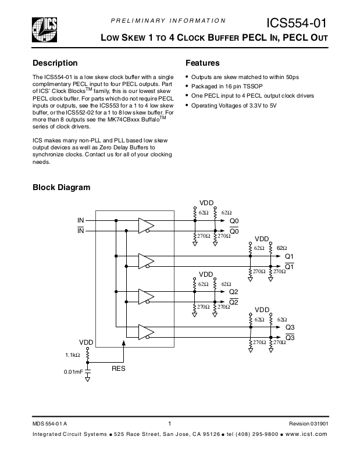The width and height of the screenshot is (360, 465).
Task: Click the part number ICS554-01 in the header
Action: point(296,23)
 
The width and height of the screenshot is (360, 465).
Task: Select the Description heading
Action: point(55,63)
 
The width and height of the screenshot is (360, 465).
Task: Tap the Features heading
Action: point(202,63)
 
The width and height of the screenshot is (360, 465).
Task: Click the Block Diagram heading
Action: point(61,187)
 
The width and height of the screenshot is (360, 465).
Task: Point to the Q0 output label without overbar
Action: point(234,221)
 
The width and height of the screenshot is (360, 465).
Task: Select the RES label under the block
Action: point(119,369)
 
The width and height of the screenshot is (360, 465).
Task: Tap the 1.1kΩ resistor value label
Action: point(73,354)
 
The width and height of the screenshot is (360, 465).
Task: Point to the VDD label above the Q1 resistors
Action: point(262,239)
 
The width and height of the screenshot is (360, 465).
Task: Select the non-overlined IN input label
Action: point(81,221)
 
